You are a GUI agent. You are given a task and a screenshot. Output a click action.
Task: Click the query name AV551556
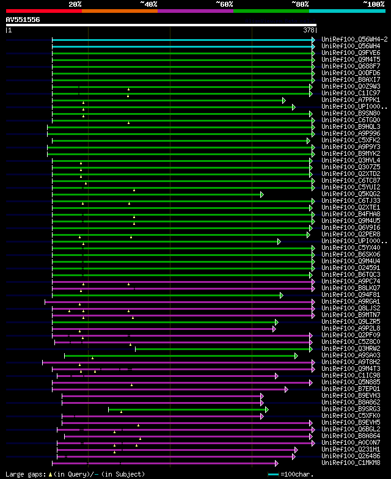pos(23,20)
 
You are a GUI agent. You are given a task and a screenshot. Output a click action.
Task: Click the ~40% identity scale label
pos(148,4)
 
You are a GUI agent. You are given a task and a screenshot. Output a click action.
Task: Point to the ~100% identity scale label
pos(373,4)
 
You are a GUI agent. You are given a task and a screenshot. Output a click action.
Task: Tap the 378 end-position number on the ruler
pos(309,30)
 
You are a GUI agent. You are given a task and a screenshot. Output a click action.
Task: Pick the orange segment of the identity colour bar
pos(119,10)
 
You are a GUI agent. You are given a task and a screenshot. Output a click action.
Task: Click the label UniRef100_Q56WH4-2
pos(354,39)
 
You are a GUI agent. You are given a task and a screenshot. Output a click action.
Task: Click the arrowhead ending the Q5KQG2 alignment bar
pos(262,194)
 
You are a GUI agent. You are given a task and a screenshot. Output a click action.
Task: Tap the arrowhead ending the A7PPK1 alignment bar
pos(284,100)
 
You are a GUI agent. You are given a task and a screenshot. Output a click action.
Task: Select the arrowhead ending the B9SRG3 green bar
pos(267,409)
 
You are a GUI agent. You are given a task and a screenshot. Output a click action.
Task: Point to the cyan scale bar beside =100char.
pos(273,474)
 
